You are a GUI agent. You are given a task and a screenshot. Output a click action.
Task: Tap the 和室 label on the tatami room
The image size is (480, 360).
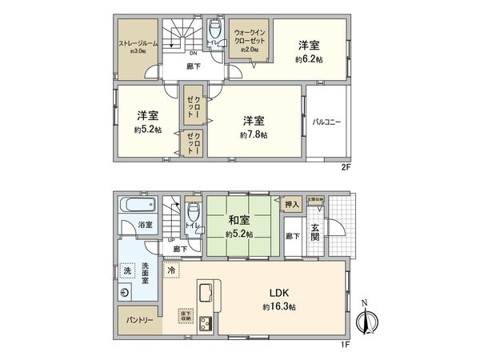(238, 218)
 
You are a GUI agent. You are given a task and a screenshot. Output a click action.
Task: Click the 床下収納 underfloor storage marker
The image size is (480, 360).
(186, 314)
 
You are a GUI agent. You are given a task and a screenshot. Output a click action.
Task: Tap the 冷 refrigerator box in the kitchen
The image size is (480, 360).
(172, 271)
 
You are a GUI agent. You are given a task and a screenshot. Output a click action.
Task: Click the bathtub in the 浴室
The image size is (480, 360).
(130, 207)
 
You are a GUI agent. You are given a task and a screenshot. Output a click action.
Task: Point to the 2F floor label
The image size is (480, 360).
(345, 169)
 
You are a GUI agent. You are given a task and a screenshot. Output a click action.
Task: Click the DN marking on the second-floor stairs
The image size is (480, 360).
(170, 54)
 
